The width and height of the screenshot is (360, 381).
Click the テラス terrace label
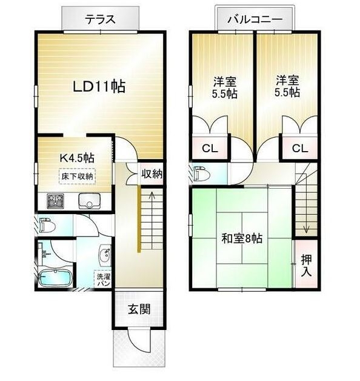pyautogui.click(x=100, y=19)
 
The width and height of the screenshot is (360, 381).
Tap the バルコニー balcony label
pyautogui.click(x=255, y=19)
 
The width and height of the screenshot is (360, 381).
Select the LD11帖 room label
pyautogui.click(x=99, y=87)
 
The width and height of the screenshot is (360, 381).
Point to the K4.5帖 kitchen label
pyautogui.click(x=77, y=158)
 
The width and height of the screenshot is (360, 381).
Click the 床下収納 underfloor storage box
pyautogui.click(x=77, y=176)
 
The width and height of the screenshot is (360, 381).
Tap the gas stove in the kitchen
pyautogui.click(x=55, y=201)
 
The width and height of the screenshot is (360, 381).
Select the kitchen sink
pyautogui.click(x=89, y=201)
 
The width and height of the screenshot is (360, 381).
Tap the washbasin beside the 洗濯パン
pyautogui.click(x=105, y=257)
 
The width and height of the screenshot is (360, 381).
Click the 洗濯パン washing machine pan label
pyautogui.click(x=104, y=280)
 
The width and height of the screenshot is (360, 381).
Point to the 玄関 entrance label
pyautogui.click(x=139, y=309)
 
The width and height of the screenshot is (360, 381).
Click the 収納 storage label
pyautogui.click(x=152, y=174)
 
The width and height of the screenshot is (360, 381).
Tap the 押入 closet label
pyautogui.click(x=306, y=266)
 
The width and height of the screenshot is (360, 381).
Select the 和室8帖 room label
pyautogui.click(x=242, y=238)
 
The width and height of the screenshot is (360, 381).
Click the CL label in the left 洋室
pyautogui.click(x=210, y=148)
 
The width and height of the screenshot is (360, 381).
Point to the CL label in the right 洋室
pyautogui.click(x=300, y=148)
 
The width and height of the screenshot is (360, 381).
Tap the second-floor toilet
pyautogui.click(x=202, y=174)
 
